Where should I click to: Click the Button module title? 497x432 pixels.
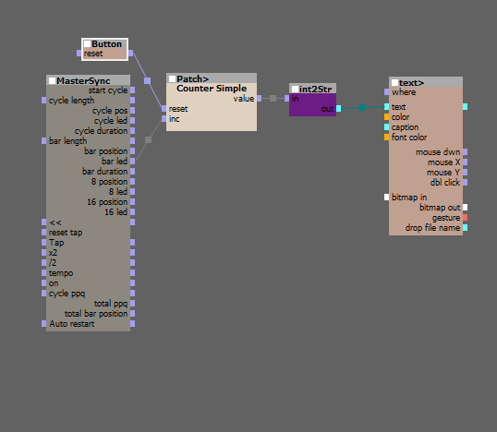pos(106,44)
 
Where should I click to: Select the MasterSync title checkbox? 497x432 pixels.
pos(53,80)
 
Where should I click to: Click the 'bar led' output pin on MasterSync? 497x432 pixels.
pos(132,162)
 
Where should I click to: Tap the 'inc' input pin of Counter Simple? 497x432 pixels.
pos(164,119)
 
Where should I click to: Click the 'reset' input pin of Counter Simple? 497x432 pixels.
pos(164,109)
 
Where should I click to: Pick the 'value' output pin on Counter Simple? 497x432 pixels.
pos(260,99)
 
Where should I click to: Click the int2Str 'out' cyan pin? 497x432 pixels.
pos(338,109)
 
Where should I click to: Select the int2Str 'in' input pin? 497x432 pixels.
pos(287,99)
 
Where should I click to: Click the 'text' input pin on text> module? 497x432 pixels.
pos(387,107)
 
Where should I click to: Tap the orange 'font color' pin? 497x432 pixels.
pos(387,138)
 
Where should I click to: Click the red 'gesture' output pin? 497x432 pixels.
pos(465,218)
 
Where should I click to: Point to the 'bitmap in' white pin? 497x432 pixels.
pos(387,198)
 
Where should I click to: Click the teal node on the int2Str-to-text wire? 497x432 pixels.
pos(363,108)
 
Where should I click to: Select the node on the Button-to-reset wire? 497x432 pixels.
pos(148,80)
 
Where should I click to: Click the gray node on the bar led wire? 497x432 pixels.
pos(148,140)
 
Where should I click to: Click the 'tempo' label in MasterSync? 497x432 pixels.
pos(61,273)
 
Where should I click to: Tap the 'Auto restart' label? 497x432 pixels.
pos(72,324)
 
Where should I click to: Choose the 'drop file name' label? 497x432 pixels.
pos(432,228)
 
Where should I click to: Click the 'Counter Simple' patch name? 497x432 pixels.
pos(212,89)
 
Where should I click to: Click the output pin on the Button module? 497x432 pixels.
pos(130,54)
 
